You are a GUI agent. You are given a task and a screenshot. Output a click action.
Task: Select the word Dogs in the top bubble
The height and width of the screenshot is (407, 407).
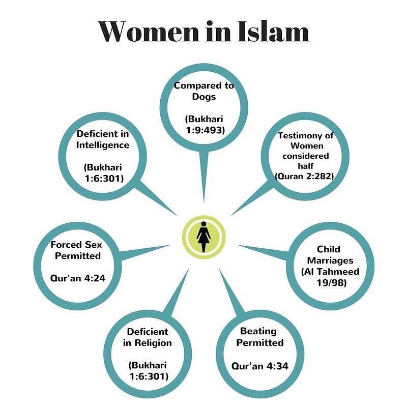(203, 97)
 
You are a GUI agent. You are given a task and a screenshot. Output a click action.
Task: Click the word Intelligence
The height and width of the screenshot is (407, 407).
(103, 145)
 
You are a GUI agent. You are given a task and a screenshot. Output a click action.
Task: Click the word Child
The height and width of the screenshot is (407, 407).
(328, 249)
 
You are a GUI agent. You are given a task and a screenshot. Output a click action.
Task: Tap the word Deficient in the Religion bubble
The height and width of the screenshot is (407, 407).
(148, 331)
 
